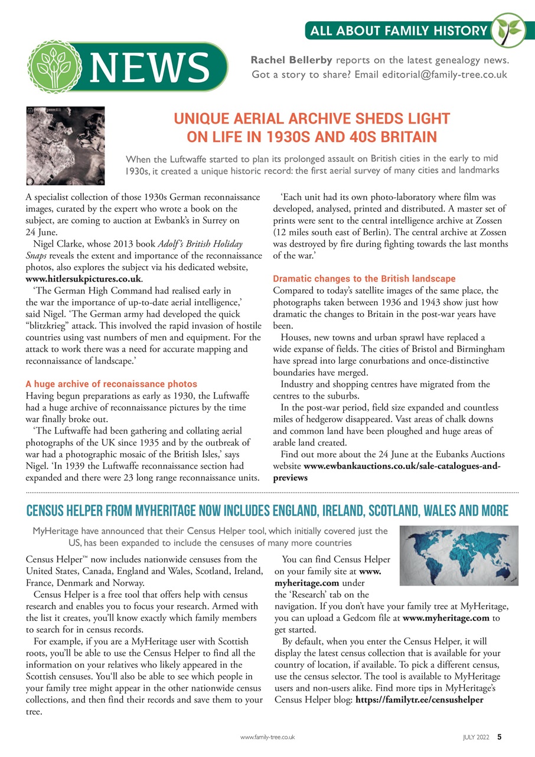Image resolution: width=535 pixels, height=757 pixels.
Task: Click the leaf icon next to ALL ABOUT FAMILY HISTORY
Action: (x=507, y=29)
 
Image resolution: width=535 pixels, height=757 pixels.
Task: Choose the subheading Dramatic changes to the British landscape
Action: (x=364, y=278)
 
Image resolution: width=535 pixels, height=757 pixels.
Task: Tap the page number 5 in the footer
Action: (x=500, y=737)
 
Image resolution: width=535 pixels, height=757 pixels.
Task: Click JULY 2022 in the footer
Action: (x=475, y=737)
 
